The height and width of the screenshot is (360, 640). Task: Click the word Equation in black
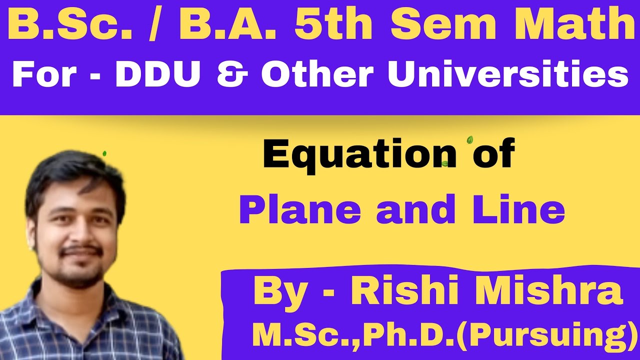pos(359,155)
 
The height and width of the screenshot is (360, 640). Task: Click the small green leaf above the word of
pos(469,140)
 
